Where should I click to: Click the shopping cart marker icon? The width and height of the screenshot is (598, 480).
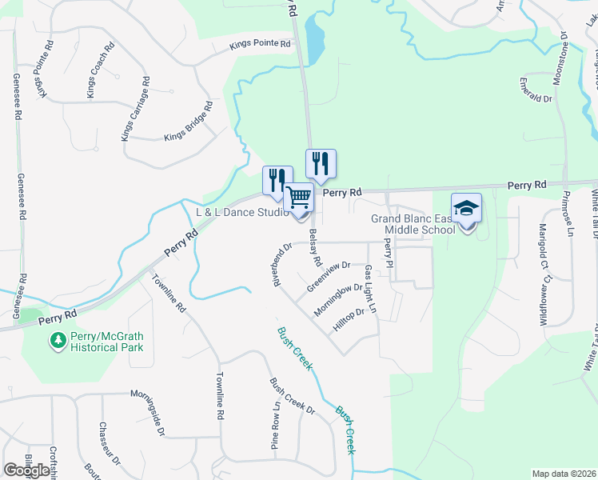pyautogui.click(x=298, y=197)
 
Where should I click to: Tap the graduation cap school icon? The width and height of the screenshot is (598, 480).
pyautogui.click(x=466, y=209)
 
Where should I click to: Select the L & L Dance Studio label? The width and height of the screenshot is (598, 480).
pyautogui.click(x=242, y=213)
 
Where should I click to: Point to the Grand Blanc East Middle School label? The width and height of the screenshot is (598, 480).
pyautogui.click(x=413, y=225)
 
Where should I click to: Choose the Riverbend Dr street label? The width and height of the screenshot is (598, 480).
pyautogui.click(x=277, y=263)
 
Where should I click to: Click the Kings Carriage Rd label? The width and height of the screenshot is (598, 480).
pyautogui.click(x=135, y=110)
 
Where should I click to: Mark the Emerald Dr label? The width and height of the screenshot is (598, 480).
pyautogui.click(x=536, y=91)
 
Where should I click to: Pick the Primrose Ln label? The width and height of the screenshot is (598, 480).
pyautogui.click(x=568, y=217)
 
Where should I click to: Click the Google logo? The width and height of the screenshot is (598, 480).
pyautogui.click(x=27, y=470)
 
